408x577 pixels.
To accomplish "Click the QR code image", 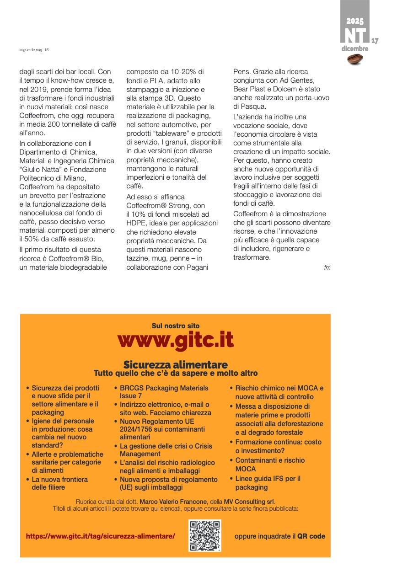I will click(x=205, y=535).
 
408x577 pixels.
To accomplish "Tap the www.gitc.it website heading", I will click(x=175, y=340).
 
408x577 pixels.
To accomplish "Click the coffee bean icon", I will click(x=355, y=58).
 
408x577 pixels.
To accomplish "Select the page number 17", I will click(x=375, y=41).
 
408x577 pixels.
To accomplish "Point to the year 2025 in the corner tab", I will click(x=354, y=21).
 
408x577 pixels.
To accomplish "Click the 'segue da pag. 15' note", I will click(x=31, y=50).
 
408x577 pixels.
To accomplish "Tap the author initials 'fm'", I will click(x=327, y=267).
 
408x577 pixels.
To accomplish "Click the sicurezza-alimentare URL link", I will click(x=101, y=536).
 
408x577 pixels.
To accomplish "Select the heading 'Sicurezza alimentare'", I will click(x=175, y=364).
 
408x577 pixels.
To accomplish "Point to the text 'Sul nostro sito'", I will click(x=175, y=326).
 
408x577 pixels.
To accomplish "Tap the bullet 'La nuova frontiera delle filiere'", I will click(x=59, y=483).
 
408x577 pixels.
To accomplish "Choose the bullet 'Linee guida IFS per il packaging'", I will click(x=268, y=483).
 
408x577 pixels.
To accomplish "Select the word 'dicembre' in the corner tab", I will click(x=354, y=49).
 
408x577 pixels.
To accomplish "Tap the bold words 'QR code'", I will click(x=311, y=536).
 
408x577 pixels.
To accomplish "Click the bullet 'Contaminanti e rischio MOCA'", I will click(x=269, y=465).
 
